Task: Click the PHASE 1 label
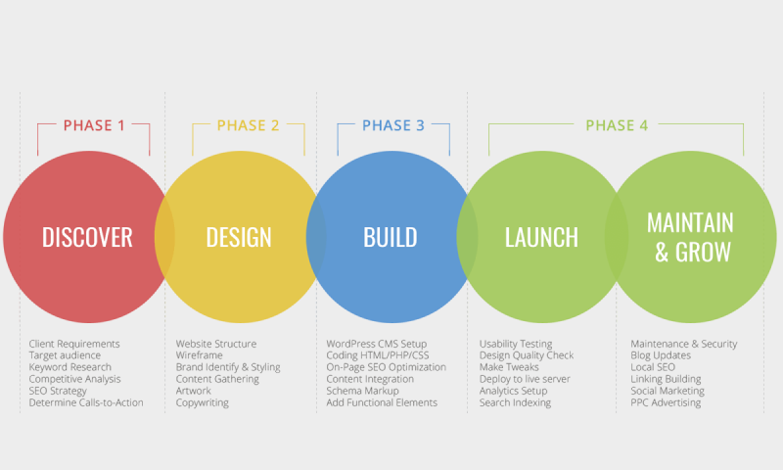click(x=94, y=125)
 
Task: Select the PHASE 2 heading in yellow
click(x=249, y=125)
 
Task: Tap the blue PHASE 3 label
click(x=393, y=125)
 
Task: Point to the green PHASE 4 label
click(x=617, y=125)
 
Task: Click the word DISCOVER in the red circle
click(x=87, y=237)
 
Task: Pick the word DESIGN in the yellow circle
click(x=239, y=237)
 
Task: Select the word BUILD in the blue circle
click(x=390, y=237)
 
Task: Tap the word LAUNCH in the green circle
click(x=541, y=237)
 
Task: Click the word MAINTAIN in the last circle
click(x=691, y=223)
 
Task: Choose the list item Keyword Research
click(x=69, y=367)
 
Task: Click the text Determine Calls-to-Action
click(x=86, y=402)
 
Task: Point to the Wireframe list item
click(x=200, y=355)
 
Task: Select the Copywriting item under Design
click(x=203, y=403)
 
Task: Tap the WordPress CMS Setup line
click(x=377, y=344)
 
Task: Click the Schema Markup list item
click(x=362, y=391)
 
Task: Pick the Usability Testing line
click(x=516, y=344)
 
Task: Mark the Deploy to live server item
click(x=525, y=379)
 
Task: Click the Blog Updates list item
click(x=661, y=355)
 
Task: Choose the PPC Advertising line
click(x=666, y=402)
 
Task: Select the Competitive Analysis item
click(x=75, y=379)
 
